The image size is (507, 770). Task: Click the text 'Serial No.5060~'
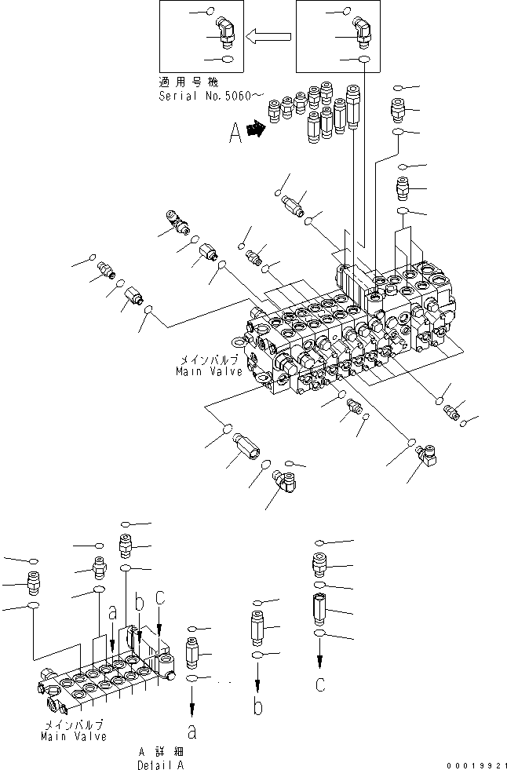[x=206, y=96]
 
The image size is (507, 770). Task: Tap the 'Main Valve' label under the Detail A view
[x=74, y=736]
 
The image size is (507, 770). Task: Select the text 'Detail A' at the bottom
[x=160, y=764]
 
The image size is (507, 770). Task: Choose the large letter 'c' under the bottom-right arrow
[x=319, y=684]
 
